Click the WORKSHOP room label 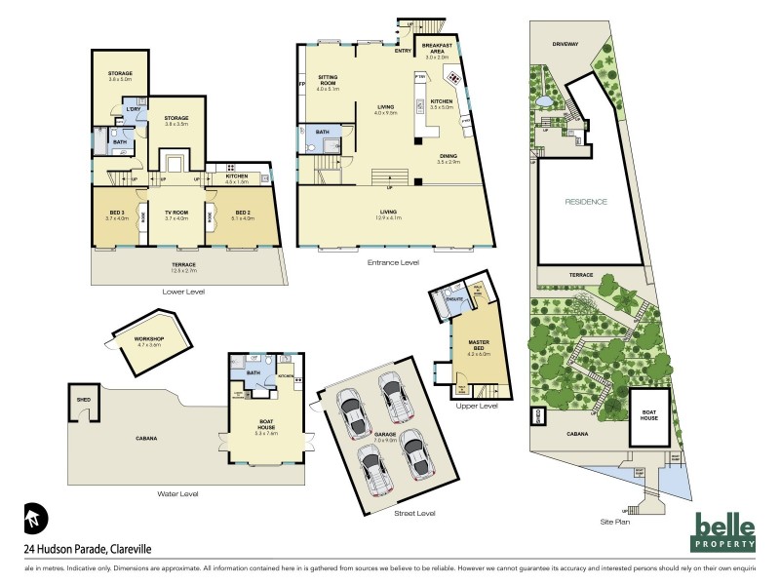point(149,340)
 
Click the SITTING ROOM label point(327,84)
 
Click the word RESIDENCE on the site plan point(587,202)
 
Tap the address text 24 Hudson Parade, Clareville point(87,550)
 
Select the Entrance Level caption point(391,262)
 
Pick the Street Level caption point(414,513)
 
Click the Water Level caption point(177,494)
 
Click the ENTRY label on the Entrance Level point(403,50)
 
